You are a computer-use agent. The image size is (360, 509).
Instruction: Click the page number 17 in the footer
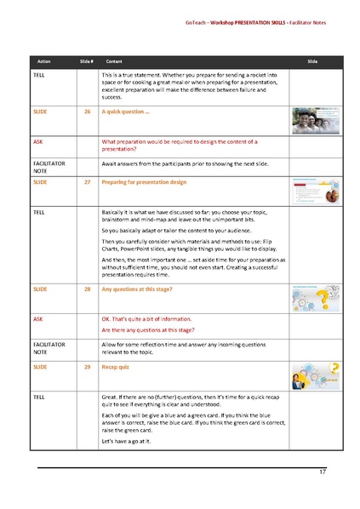[323, 472]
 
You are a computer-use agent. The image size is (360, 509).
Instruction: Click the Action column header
[43, 62]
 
